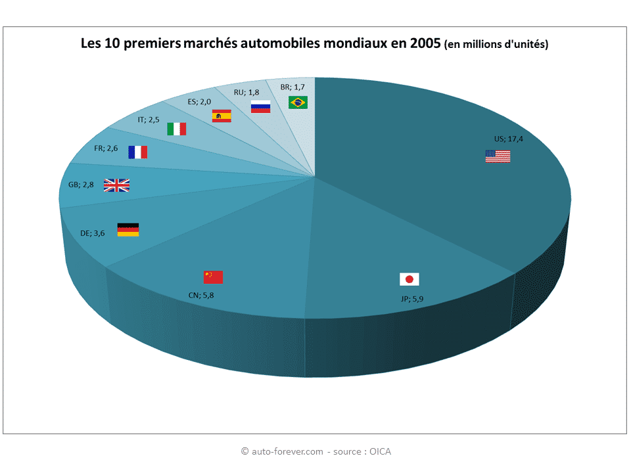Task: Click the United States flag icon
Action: click(498, 156)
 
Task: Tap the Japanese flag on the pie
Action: click(409, 279)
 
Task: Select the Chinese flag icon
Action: click(213, 277)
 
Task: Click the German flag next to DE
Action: click(128, 230)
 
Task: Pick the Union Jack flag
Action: click(116, 185)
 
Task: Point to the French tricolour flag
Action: click(137, 152)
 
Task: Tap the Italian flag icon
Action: click(176, 129)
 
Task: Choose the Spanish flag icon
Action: click(222, 116)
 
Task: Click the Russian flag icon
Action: click(260, 107)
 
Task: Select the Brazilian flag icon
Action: click(298, 102)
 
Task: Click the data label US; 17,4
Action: click(507, 139)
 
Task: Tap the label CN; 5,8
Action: click(202, 295)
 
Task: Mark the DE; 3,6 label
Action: click(92, 233)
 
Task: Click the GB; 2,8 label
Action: click(81, 185)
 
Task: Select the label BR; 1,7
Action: click(292, 87)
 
